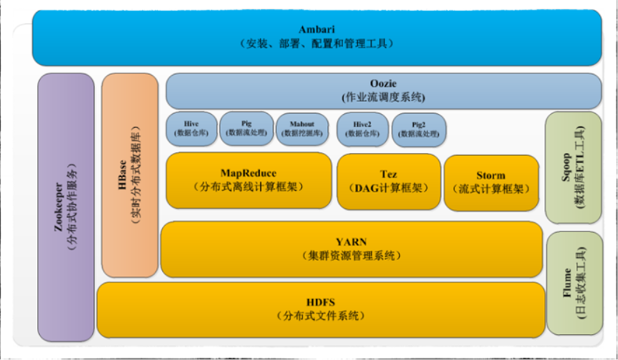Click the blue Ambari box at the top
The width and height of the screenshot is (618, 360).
(x=316, y=36)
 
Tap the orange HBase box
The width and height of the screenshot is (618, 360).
(x=129, y=175)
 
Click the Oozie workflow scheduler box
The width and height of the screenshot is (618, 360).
(x=383, y=91)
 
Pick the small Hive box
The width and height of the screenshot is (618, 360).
(x=190, y=129)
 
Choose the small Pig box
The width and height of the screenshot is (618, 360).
(x=246, y=129)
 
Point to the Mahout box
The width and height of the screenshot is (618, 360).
(x=301, y=129)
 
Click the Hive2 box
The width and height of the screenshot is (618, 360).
(x=361, y=129)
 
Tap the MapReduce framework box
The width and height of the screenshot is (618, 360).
(x=248, y=180)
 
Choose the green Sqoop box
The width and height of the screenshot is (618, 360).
(x=573, y=166)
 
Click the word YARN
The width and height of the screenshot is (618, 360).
(x=352, y=242)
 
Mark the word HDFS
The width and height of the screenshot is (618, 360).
(x=320, y=302)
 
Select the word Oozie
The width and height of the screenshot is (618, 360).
(x=383, y=84)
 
